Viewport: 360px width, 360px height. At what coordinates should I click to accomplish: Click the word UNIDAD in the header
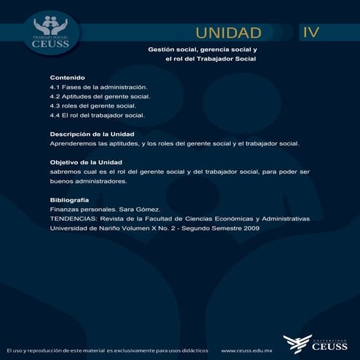pyautogui.click(x=228, y=33)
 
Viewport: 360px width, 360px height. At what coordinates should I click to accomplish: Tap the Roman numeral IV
pyautogui.click(x=311, y=32)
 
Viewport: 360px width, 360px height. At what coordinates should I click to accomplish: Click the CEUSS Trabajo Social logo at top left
pyautogui.click(x=50, y=32)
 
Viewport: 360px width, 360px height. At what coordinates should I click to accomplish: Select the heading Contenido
pyautogui.click(x=68, y=77)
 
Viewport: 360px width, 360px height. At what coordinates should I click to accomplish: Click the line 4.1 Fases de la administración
pyautogui.click(x=98, y=87)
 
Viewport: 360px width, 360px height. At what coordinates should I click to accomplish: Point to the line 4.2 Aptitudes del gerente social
pyautogui.click(x=100, y=96)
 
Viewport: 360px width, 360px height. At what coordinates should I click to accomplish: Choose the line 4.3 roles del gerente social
pyautogui.click(x=93, y=105)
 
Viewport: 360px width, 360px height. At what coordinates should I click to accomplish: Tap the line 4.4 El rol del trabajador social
pyautogui.click(x=97, y=115)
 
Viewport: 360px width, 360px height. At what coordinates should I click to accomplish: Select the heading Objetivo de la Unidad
pyautogui.click(x=86, y=162)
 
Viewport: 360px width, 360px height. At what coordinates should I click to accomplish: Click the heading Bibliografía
pyautogui.click(x=70, y=199)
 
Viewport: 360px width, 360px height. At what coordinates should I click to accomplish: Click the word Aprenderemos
pyautogui.click(x=76, y=143)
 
